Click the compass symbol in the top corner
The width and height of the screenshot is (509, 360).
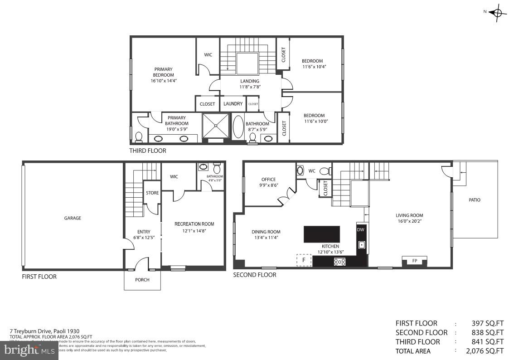pyautogui.click(x=497, y=13)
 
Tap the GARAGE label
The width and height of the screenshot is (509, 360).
pyautogui.click(x=73, y=218)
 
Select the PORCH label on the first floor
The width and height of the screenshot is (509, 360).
pyautogui.click(x=142, y=280)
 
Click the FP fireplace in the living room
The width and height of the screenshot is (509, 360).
pyautogui.click(x=414, y=261)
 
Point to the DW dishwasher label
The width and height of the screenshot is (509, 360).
pyautogui.click(x=361, y=230)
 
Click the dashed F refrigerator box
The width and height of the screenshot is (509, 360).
pyautogui.click(x=304, y=260)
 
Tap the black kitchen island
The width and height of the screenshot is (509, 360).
pyautogui.click(x=321, y=234)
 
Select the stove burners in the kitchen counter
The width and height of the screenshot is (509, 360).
pyautogui.click(x=339, y=262)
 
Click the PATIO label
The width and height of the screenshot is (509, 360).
pyautogui.click(x=475, y=200)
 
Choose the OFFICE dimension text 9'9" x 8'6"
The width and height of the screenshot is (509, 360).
pyautogui.click(x=268, y=185)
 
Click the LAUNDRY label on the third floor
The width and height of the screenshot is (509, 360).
pyautogui.click(x=233, y=104)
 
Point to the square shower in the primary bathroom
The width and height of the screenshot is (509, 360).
pyautogui.click(x=216, y=125)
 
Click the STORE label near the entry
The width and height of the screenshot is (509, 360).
pyautogui.click(x=152, y=193)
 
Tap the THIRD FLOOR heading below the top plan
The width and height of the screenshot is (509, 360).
pyautogui.click(x=148, y=151)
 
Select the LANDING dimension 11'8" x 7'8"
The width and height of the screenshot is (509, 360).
pyautogui.click(x=250, y=87)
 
